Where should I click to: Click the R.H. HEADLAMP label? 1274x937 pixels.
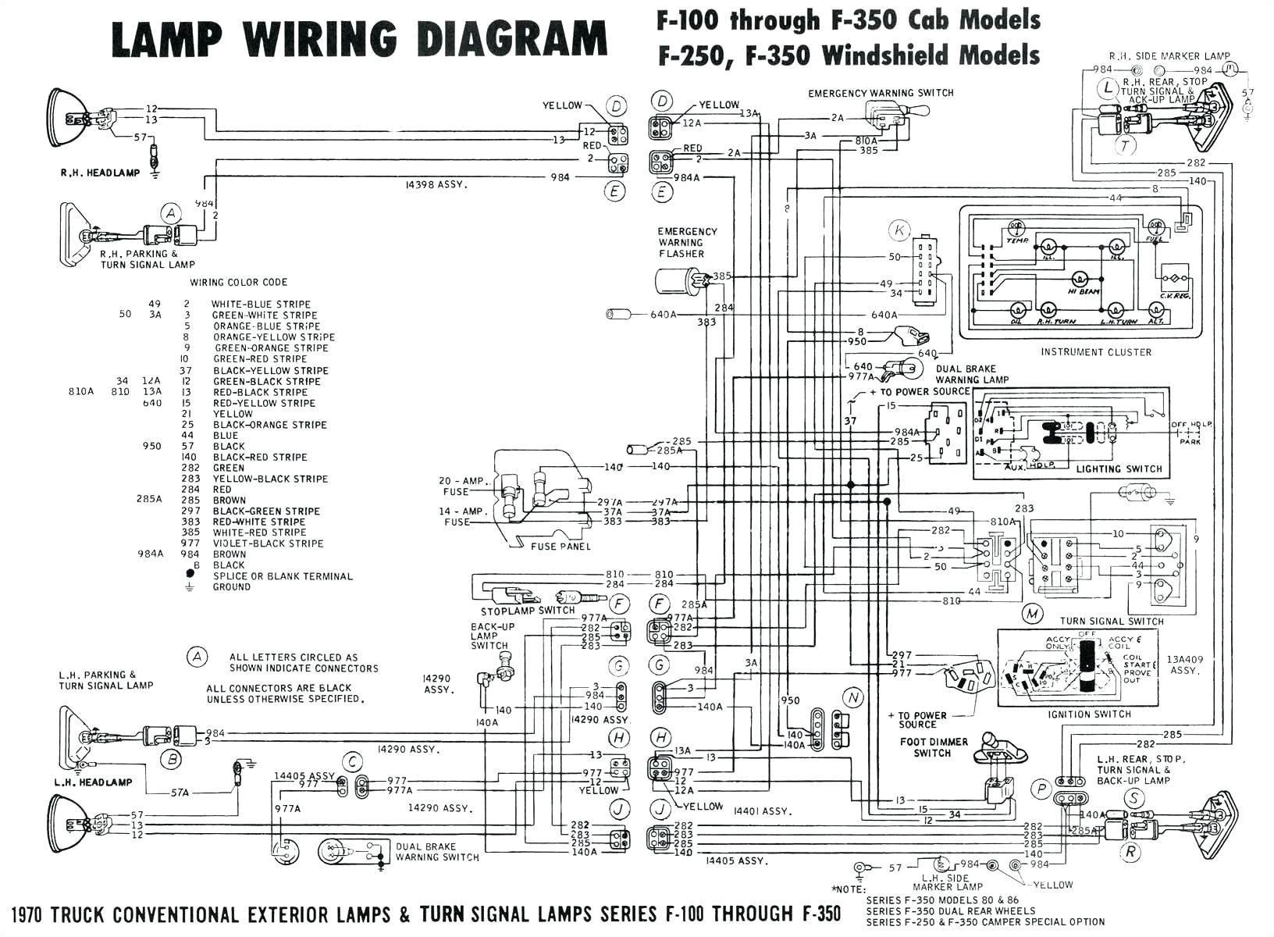[100, 173]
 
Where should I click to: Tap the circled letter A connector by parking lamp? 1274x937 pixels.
[170, 213]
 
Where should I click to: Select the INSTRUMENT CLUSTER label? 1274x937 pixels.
[1095, 352]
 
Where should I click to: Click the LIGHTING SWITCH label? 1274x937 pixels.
[1119, 469]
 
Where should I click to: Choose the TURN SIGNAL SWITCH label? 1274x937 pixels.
[1111, 622]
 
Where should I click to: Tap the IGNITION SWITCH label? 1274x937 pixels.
[1090, 714]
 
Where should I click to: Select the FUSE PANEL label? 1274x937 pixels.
[560, 547]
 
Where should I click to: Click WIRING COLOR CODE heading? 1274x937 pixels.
[238, 282]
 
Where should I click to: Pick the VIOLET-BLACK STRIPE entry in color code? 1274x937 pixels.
[268, 543]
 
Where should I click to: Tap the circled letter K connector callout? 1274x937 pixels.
[900, 230]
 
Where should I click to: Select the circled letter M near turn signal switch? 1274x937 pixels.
[1033, 614]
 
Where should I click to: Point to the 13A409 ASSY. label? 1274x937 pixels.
[1184, 664]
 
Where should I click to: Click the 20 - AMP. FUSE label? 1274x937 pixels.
[461, 486]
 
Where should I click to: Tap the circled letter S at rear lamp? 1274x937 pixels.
[1133, 798]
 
